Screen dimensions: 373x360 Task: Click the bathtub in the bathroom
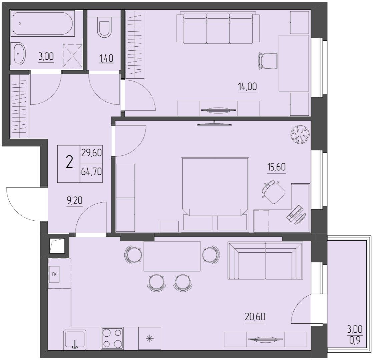click(x=42, y=24)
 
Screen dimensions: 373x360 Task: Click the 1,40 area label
click(x=106, y=58)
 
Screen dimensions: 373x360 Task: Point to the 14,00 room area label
click(x=248, y=87)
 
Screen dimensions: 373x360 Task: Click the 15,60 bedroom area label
click(x=276, y=167)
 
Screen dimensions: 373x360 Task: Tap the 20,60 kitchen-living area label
click(x=255, y=317)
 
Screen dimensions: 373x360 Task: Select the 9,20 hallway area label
click(x=74, y=201)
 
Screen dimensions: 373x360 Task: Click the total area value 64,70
click(x=91, y=171)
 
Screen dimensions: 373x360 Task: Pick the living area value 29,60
click(x=91, y=153)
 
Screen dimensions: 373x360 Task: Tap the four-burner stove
click(x=112, y=338)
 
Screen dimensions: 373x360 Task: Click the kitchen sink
click(x=75, y=340)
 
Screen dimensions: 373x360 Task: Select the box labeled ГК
click(x=54, y=274)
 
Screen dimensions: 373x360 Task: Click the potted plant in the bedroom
click(x=300, y=135)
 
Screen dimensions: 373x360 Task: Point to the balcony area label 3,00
click(x=355, y=329)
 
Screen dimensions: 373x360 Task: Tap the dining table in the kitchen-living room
click(x=172, y=256)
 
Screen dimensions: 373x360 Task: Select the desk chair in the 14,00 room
click(x=268, y=61)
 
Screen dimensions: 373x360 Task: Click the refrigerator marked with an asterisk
click(x=149, y=338)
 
